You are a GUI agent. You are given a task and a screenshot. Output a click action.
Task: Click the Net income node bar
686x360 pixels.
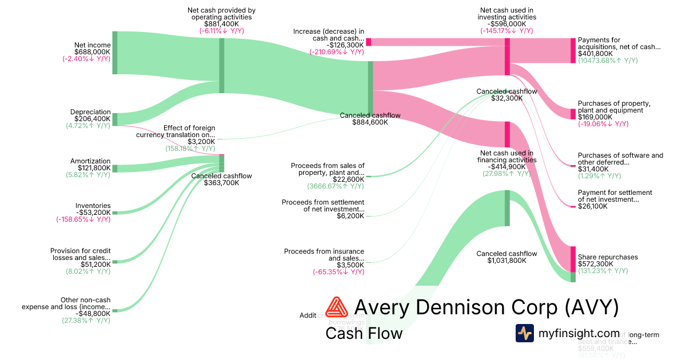click(114, 53)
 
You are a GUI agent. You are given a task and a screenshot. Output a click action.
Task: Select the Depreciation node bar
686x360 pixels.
click(114, 119)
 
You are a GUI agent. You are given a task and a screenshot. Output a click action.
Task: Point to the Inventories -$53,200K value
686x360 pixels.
click(93, 213)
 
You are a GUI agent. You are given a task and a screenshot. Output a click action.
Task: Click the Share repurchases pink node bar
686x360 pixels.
click(573, 259)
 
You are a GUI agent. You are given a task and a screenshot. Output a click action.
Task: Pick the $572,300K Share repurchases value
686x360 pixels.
click(596, 265)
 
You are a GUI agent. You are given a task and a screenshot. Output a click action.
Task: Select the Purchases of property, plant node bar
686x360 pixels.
click(573, 114)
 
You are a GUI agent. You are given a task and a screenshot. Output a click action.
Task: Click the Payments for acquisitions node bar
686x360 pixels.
click(573, 50)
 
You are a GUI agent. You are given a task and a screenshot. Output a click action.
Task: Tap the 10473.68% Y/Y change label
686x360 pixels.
click(608, 61)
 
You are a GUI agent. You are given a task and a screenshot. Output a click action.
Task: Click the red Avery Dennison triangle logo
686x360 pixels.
click(336, 308)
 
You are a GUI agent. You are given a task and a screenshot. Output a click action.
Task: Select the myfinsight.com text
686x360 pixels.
click(579, 333)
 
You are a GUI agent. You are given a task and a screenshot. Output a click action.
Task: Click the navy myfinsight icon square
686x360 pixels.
click(524, 333)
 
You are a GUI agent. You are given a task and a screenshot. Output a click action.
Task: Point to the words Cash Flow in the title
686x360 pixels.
click(364, 334)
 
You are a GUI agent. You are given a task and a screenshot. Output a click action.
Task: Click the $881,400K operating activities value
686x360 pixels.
click(222, 24)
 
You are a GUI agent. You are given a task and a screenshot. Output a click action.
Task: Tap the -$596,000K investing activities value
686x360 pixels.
click(507, 24)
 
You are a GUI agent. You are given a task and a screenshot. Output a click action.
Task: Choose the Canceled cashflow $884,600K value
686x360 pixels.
click(370, 122)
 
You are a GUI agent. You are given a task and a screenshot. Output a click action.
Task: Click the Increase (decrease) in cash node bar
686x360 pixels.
click(369, 42)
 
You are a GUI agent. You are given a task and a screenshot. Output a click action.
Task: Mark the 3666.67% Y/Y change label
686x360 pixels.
click(336, 186)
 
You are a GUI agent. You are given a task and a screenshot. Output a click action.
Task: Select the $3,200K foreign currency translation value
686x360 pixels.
click(201, 142)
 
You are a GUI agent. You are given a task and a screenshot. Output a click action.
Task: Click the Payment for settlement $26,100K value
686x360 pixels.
click(593, 206)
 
